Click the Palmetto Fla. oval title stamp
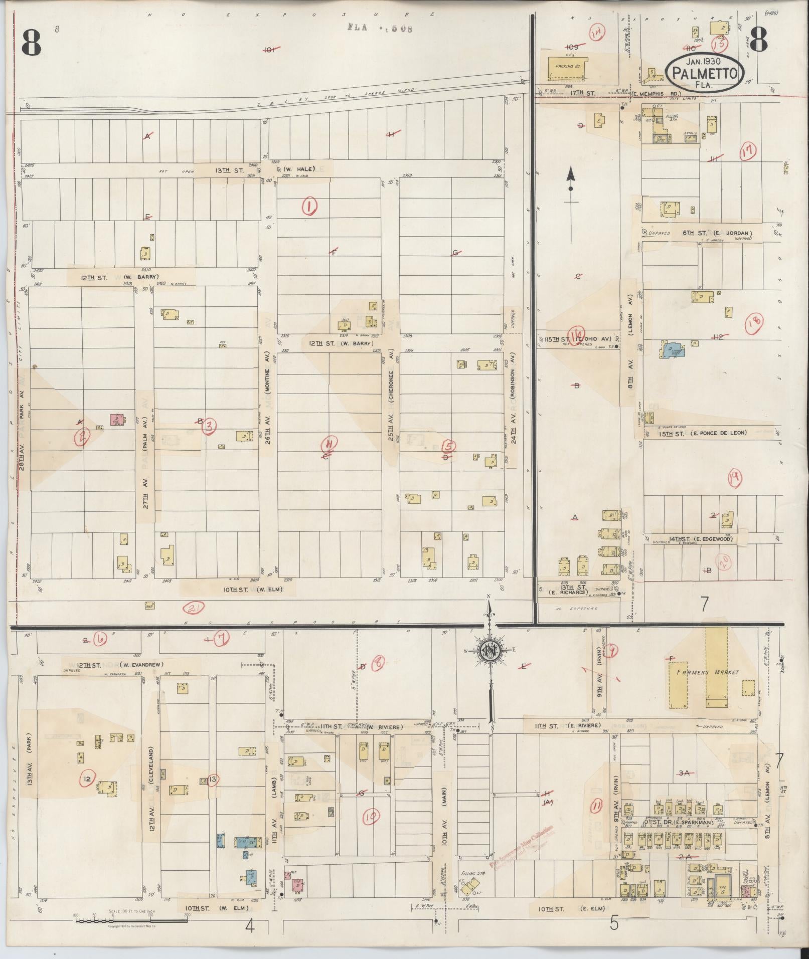coord(705,73)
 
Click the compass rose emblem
coord(488,651)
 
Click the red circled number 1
coord(310,206)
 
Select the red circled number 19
coord(735,480)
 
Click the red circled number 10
coord(372,818)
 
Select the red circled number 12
coord(87,779)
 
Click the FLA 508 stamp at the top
coord(380,28)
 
